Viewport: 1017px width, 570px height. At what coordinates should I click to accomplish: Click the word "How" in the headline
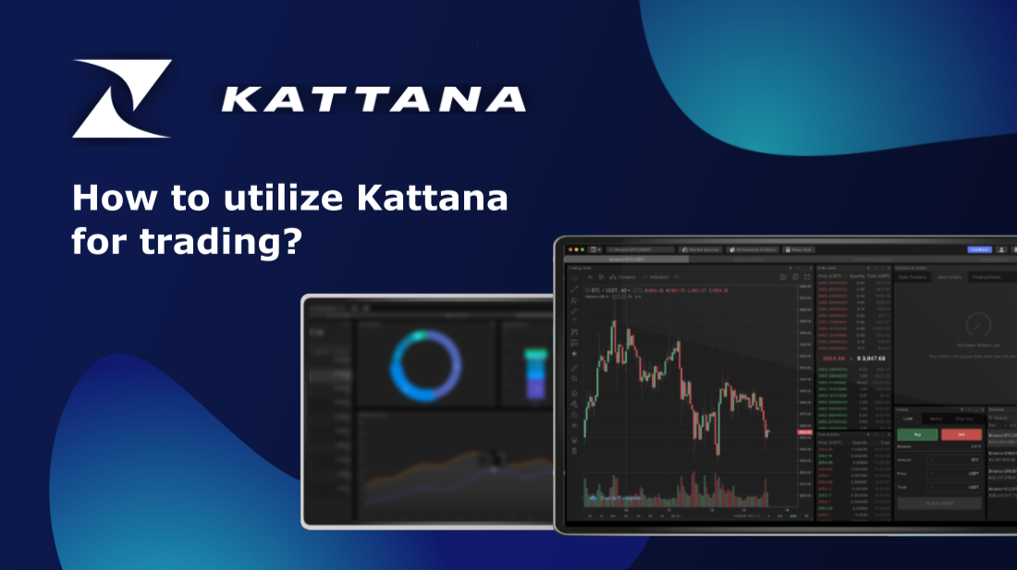[104, 198]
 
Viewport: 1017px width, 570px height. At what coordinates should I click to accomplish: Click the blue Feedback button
[979, 249]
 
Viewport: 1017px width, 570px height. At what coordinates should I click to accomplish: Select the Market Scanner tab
[700, 249]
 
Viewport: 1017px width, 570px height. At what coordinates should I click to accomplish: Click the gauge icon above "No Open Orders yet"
[977, 324]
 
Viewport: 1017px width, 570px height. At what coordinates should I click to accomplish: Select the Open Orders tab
[950, 276]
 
